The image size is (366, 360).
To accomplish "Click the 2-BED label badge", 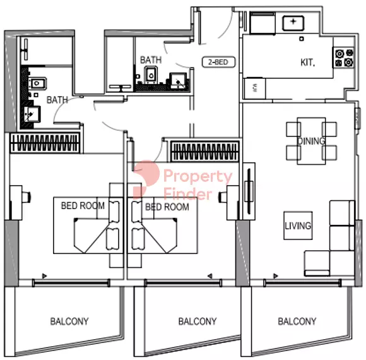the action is pos(218,62).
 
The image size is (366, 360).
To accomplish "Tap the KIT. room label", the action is pos(307,63).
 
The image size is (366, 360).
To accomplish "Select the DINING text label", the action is pos(311,141).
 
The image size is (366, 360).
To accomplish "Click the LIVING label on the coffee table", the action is pos(298,225).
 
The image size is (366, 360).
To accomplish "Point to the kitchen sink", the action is pos(293,23).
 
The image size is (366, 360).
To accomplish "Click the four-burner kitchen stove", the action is pos(344,58).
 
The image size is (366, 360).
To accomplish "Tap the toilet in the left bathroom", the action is pos(37,83).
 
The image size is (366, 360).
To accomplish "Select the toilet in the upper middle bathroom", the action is pos(151,75).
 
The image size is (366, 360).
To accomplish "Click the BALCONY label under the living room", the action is pos(297,321).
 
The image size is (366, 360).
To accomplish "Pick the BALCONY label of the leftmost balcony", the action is pos(69,321).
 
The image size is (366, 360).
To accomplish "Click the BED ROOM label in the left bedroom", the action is pos(83,206).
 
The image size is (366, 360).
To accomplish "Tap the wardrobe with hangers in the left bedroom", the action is pos(45,143).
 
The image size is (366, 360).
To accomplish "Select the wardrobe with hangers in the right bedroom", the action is pos(204,152).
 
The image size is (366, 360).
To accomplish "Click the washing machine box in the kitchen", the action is pos(255,88).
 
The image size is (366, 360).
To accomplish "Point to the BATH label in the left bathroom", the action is pos(57,100).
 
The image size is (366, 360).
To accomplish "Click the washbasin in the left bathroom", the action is pos(32,114).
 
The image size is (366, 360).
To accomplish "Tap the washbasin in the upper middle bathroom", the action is pos(178,81).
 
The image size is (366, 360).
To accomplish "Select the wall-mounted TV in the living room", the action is pos(249,191).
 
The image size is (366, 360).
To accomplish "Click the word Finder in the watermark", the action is pos(188,195).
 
